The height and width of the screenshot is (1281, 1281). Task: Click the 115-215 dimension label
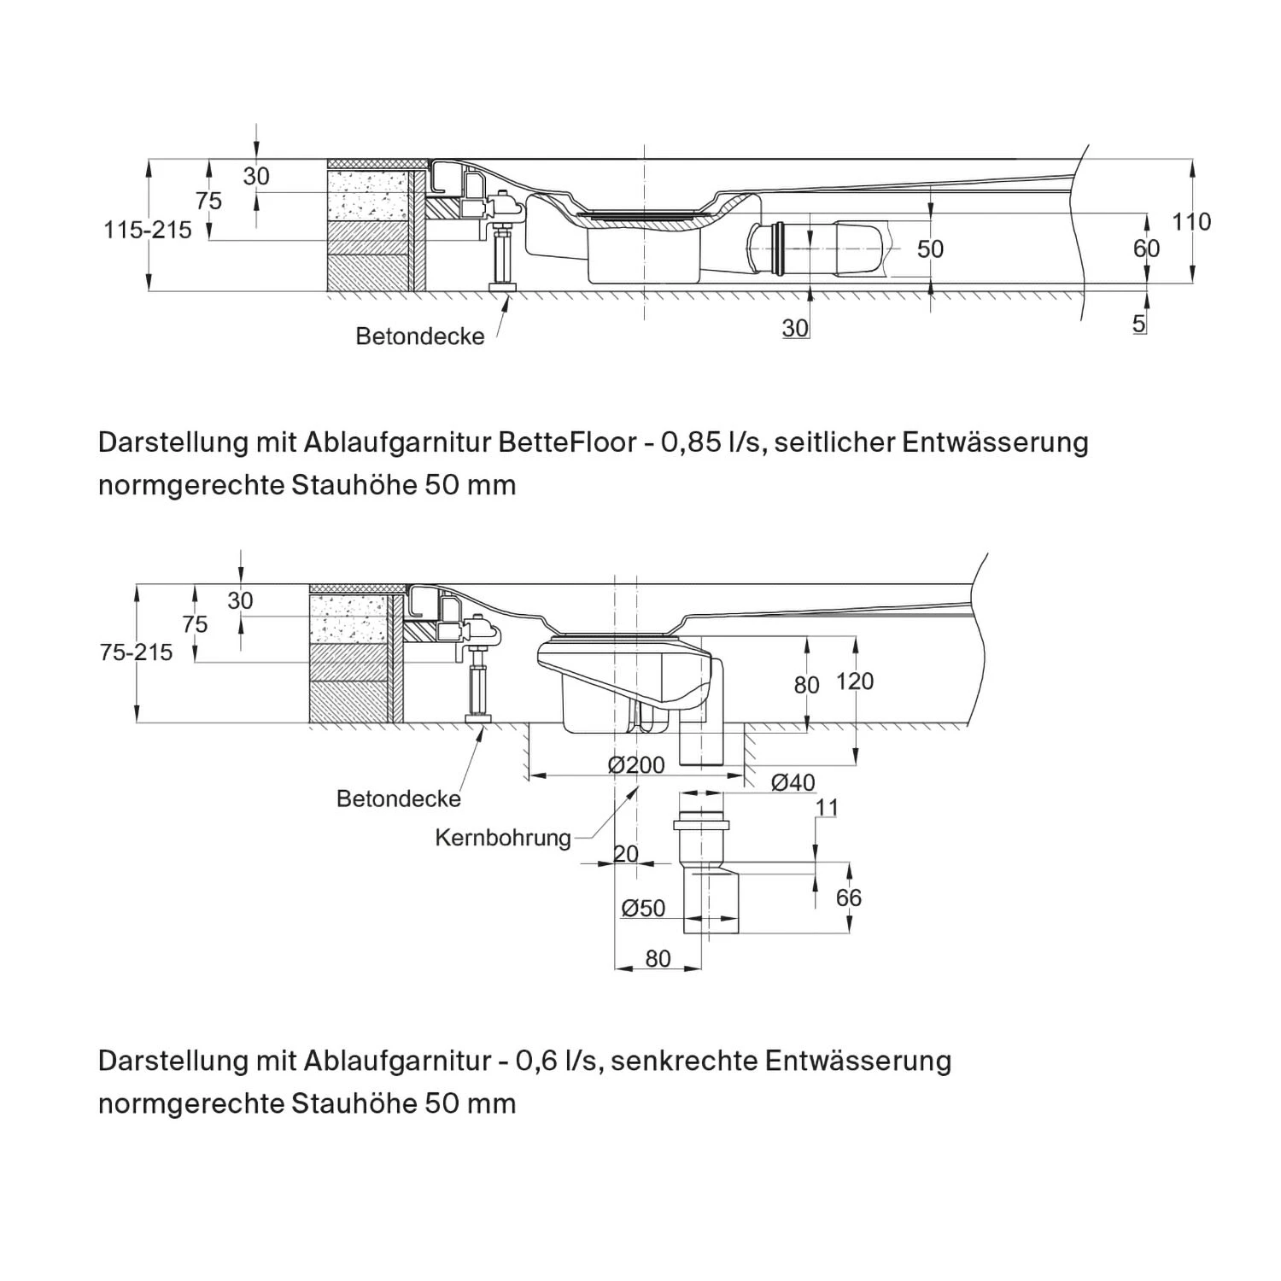148,230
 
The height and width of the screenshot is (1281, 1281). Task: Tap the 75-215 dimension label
136,652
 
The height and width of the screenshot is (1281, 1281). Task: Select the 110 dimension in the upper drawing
1190,222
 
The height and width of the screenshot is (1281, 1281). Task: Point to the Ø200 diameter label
636,765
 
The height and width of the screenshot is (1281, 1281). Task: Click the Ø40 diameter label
793,782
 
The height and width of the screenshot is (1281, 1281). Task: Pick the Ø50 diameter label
643,908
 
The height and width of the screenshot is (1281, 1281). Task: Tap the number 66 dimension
848,898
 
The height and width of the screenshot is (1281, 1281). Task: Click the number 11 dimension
827,807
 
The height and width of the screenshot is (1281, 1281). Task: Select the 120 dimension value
854,681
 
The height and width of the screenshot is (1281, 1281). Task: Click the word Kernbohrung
503,838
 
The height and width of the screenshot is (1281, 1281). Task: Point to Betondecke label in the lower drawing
399,799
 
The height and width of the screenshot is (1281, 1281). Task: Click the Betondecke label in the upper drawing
419,336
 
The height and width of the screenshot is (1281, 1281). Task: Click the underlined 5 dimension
1139,324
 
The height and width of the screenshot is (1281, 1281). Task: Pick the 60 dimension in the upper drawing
1146,248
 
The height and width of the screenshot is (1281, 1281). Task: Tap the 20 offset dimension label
626,854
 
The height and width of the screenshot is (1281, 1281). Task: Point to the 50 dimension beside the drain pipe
930,249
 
